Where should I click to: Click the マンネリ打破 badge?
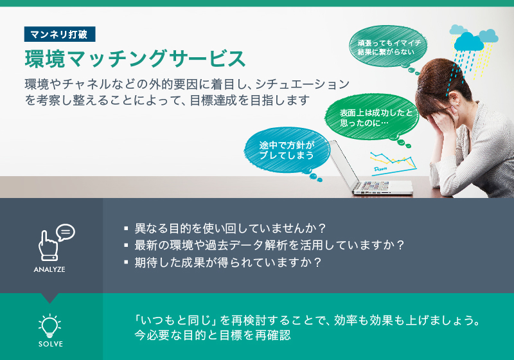click(x=60, y=34)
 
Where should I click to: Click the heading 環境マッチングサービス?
click(x=135, y=59)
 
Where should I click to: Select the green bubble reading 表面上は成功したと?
click(x=373, y=117)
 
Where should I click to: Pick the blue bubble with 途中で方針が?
click(x=287, y=150)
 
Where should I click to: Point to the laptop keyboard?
click(x=375, y=186)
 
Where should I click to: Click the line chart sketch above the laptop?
click(x=393, y=162)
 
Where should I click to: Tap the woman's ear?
click(x=454, y=99)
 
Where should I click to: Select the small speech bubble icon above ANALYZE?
click(x=66, y=232)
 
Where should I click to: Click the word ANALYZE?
click(x=49, y=269)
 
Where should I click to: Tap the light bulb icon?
click(x=50, y=325)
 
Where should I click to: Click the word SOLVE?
click(x=51, y=344)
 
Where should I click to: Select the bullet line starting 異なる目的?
click(x=226, y=228)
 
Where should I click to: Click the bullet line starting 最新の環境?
click(x=264, y=245)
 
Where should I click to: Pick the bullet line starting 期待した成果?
click(x=222, y=262)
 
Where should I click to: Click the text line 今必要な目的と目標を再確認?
click(x=213, y=336)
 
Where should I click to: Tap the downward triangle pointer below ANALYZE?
click(x=50, y=298)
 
